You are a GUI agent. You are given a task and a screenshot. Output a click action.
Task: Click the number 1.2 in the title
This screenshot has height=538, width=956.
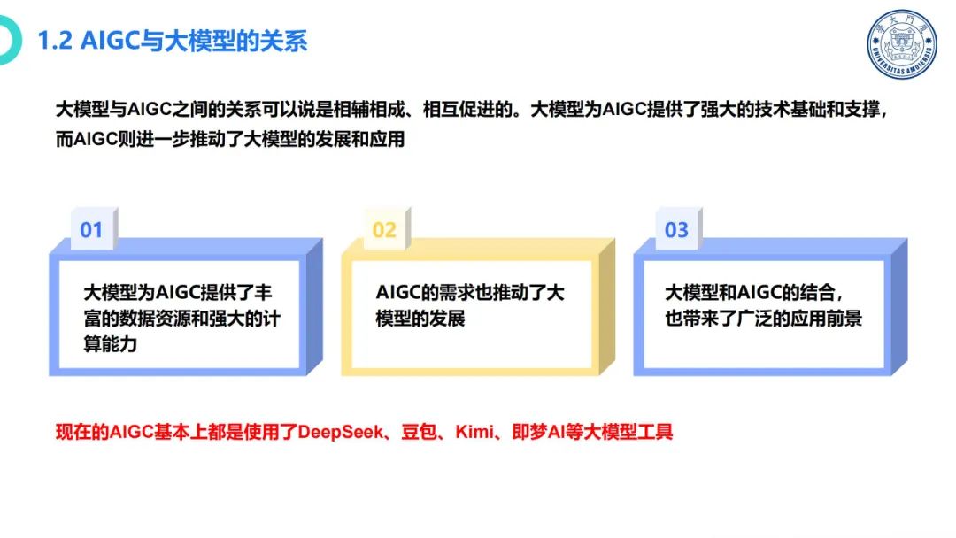click(56, 41)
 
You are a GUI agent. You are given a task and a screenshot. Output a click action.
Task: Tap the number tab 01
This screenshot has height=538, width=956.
click(91, 230)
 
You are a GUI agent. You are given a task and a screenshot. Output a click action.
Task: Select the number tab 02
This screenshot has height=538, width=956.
click(384, 230)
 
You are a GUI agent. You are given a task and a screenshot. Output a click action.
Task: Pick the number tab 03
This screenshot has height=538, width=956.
click(676, 230)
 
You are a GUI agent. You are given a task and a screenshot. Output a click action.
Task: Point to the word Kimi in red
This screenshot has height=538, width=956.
click(473, 433)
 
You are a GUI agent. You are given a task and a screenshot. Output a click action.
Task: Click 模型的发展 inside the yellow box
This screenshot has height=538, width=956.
click(420, 319)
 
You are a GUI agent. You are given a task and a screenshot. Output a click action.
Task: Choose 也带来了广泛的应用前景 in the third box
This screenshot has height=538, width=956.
click(763, 319)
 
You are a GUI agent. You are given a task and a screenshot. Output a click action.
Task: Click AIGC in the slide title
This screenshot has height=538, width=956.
click(110, 41)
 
